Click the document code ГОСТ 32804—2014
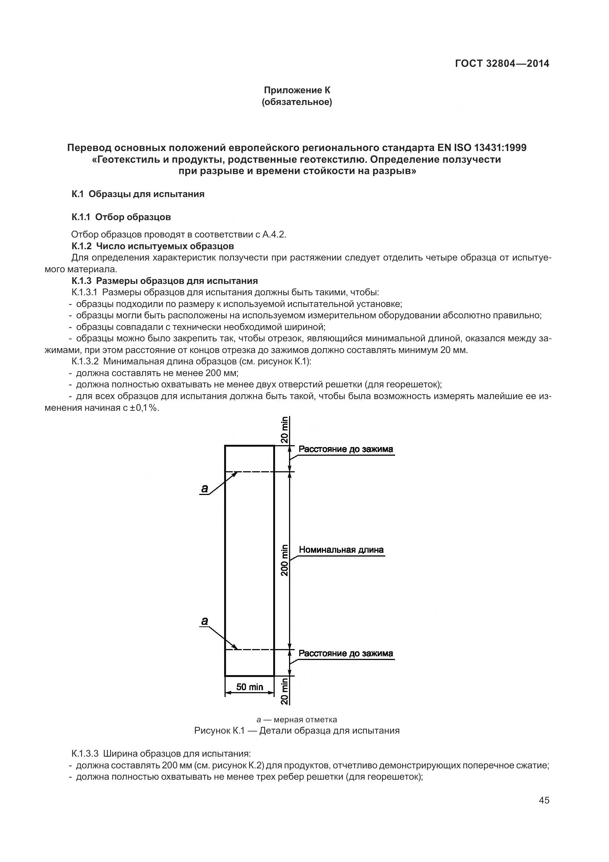coord(502,63)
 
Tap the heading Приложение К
coord(297,90)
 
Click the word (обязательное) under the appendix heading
coord(297,102)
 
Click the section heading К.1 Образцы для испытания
coord(138,194)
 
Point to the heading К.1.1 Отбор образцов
coord(121,217)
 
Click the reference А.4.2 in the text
coord(274,234)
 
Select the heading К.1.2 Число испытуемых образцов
coord(153,246)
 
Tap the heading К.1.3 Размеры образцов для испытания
coord(165,281)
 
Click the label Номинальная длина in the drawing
coord(341,549)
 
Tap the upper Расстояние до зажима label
coord(346,449)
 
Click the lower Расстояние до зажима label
coord(346,653)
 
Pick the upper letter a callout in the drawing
coord(204,488)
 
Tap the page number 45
coord(544,811)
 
